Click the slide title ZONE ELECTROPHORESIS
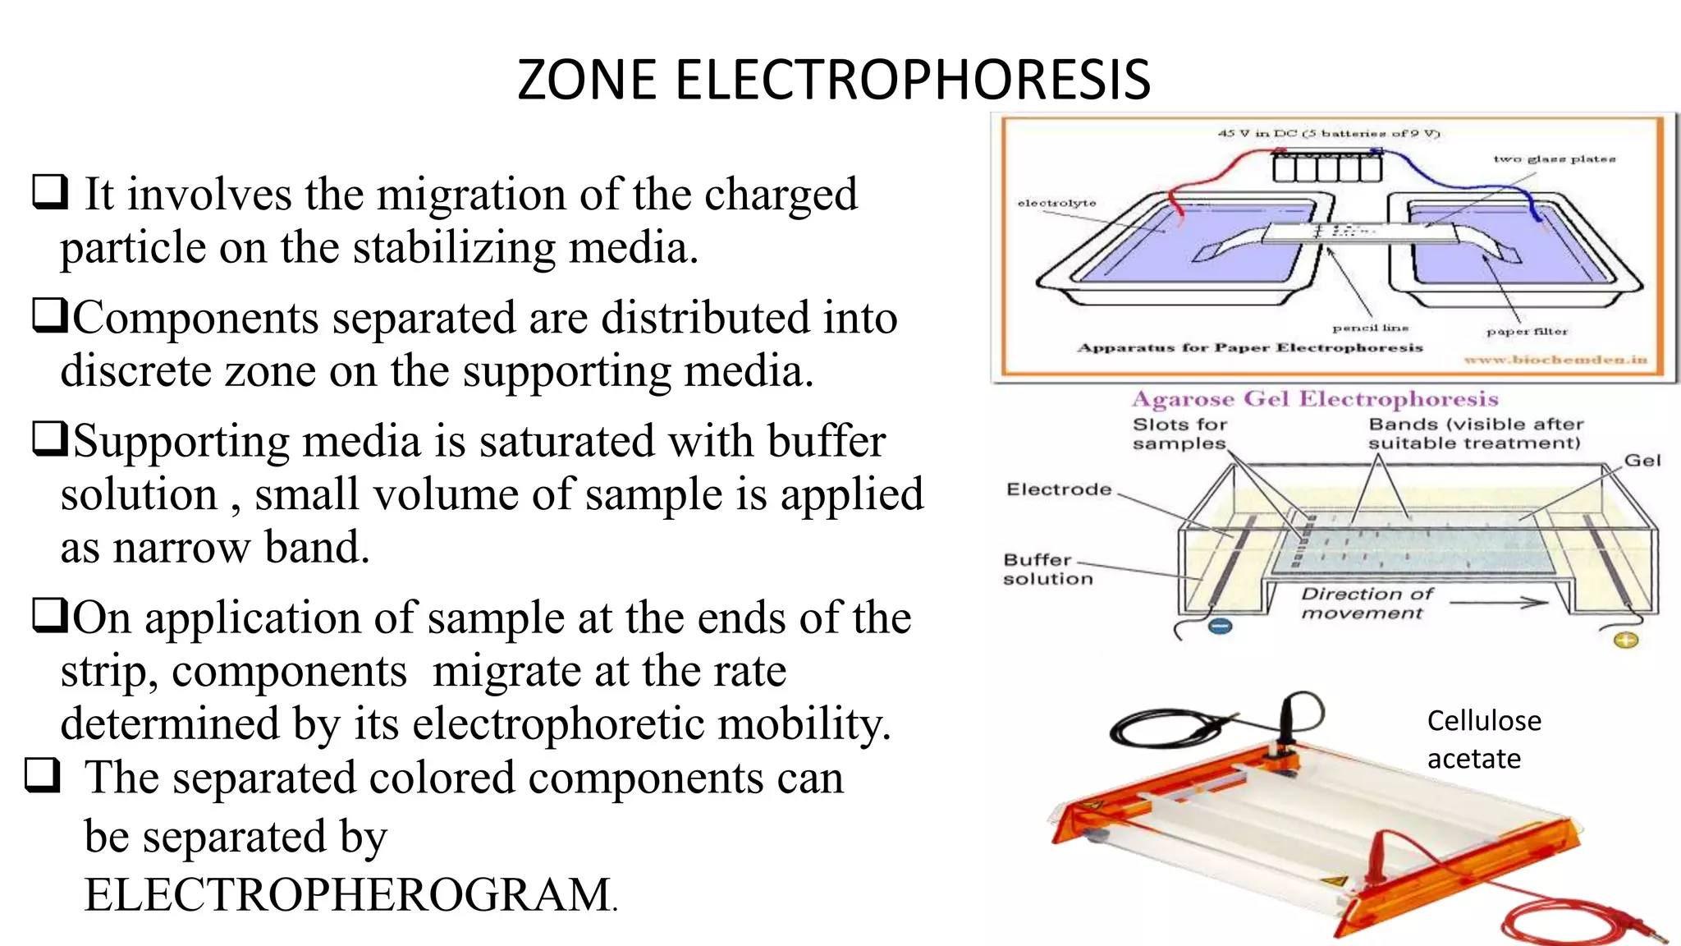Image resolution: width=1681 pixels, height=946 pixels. (833, 80)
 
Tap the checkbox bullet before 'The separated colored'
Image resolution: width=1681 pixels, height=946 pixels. (43, 774)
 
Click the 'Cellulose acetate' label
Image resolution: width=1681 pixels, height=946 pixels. (1483, 739)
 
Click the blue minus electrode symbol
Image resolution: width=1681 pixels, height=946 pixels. (1221, 627)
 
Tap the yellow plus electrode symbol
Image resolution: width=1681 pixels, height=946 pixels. (1626, 641)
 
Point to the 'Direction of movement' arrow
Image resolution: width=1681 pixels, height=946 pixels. (1499, 604)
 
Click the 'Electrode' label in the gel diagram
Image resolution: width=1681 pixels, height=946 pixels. (1059, 489)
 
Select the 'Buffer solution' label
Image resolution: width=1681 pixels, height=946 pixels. (1047, 569)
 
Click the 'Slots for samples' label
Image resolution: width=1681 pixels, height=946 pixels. (1179, 434)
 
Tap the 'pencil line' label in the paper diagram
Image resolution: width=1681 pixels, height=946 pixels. (1370, 328)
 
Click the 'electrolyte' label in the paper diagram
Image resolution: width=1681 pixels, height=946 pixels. (1056, 203)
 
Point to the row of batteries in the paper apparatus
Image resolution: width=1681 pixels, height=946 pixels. (1326, 167)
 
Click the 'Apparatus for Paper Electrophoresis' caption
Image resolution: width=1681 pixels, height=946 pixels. (1249, 348)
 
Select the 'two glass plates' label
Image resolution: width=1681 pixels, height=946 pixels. (1554, 159)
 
